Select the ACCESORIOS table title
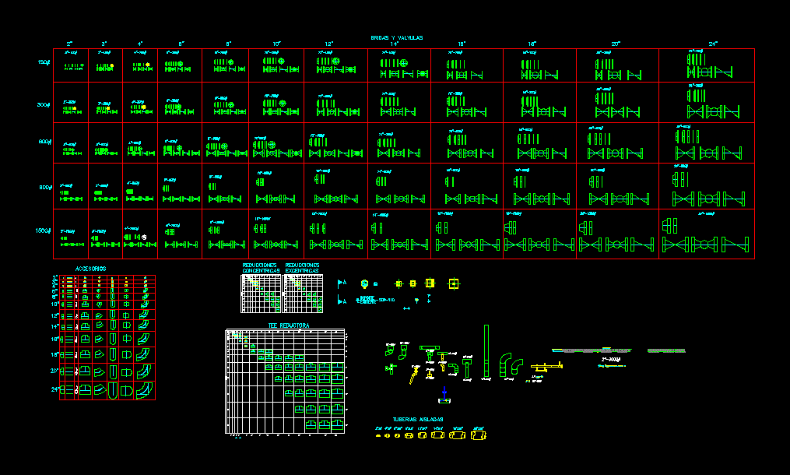click(90, 269)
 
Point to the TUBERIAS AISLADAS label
click(418, 419)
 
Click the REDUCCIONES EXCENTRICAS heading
click(302, 268)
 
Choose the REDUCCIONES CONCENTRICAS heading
click(261, 268)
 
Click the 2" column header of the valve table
click(69, 44)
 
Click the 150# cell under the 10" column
click(276, 65)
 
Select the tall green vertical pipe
click(486, 350)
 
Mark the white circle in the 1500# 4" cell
click(144, 235)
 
